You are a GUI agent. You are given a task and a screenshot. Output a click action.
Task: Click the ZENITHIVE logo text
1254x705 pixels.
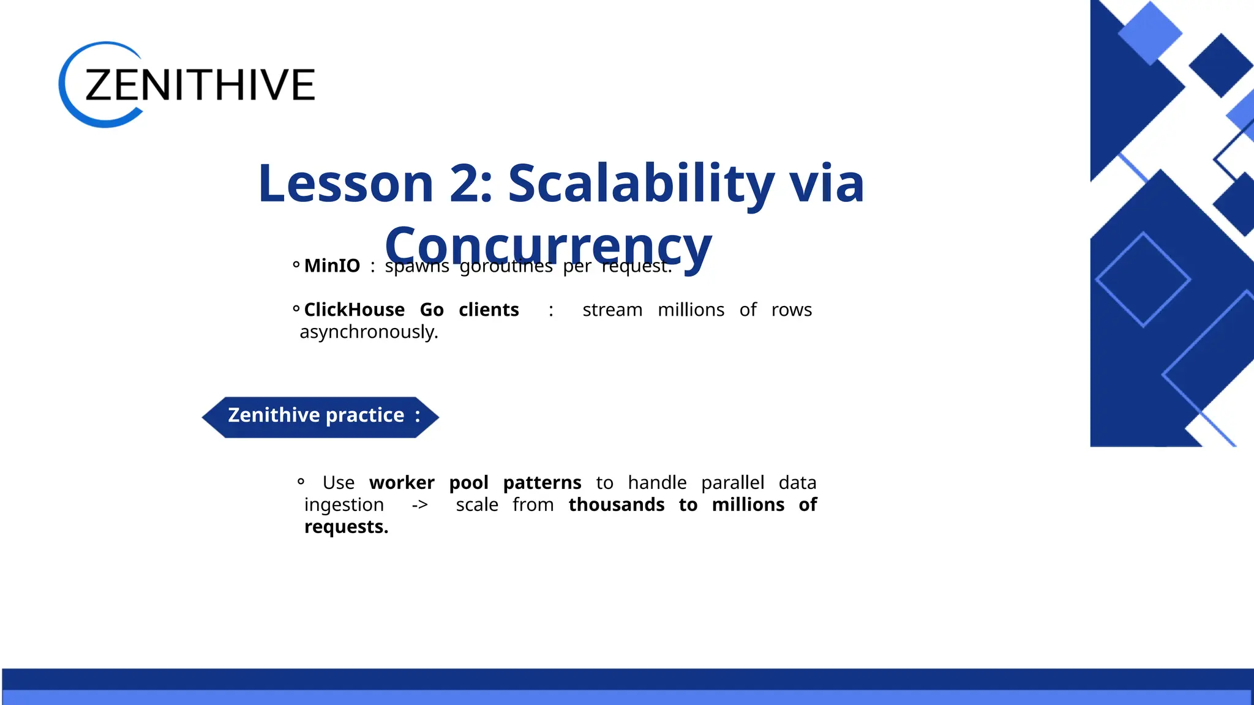point(200,85)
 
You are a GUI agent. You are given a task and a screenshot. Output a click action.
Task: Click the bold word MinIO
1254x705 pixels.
point(332,266)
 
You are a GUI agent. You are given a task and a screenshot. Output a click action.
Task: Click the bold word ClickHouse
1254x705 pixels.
point(354,310)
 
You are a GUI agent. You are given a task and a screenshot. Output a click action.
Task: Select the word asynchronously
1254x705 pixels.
point(369,332)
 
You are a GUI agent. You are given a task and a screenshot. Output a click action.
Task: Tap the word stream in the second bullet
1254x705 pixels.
point(612,310)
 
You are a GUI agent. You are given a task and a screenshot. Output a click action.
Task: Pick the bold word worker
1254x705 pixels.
point(402,482)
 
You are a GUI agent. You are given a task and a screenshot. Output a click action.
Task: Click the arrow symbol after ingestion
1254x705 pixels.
point(419,505)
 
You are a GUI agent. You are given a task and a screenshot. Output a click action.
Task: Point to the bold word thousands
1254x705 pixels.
point(616,505)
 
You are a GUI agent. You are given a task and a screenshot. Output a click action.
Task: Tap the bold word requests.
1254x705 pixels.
point(346,527)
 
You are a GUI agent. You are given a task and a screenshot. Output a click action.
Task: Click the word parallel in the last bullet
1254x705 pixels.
point(732,482)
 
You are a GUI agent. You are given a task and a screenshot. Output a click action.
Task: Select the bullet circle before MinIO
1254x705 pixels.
point(296,265)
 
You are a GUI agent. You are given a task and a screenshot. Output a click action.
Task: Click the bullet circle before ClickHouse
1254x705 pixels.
point(296,309)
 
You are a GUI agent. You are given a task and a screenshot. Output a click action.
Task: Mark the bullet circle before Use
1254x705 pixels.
point(301,482)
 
